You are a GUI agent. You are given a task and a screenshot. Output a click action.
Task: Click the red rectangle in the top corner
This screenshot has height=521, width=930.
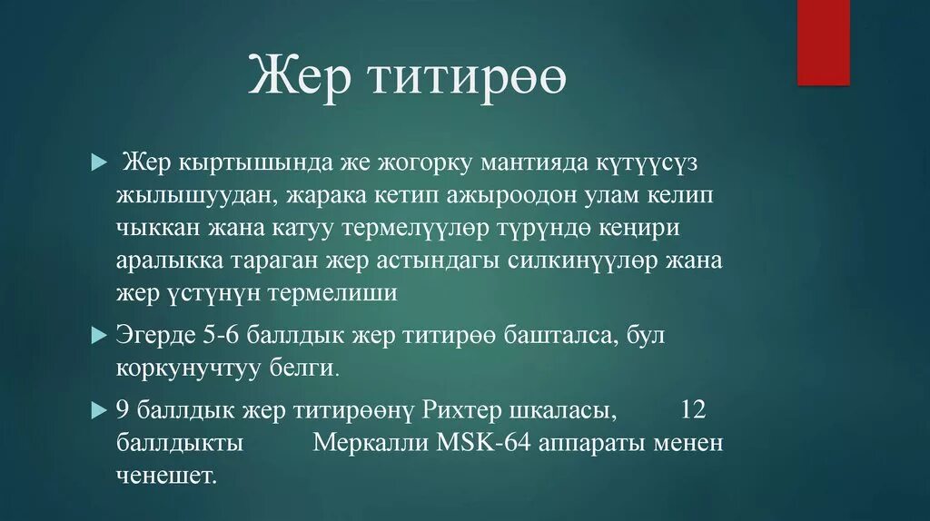click(823, 43)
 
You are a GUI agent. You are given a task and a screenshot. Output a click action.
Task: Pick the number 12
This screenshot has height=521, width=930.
click(693, 410)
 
